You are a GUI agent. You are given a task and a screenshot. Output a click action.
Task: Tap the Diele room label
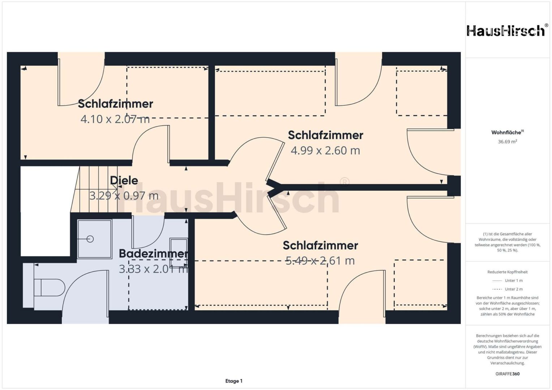point(124,181)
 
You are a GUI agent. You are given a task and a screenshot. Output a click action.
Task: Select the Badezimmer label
point(153,253)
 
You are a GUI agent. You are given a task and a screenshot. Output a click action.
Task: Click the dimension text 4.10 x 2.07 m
point(115,119)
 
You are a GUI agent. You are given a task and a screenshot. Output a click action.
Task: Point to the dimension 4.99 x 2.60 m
point(325,151)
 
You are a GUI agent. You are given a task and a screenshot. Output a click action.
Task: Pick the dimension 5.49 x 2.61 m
point(320,260)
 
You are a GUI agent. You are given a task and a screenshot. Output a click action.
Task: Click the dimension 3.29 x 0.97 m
point(124,196)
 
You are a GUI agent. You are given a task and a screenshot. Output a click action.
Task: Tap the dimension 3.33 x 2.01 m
point(153,269)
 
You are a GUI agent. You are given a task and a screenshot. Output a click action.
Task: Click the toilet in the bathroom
point(49,287)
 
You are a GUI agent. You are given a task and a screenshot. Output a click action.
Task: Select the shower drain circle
point(90,239)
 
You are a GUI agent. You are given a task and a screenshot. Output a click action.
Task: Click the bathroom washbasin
point(179,252)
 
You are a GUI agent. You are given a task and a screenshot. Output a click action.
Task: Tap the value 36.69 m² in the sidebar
point(508,142)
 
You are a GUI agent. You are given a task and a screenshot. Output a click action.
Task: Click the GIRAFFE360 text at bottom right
point(508,374)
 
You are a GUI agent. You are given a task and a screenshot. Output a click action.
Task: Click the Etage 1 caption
point(234,381)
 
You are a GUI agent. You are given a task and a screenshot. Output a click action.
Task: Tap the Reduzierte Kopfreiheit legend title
point(508,272)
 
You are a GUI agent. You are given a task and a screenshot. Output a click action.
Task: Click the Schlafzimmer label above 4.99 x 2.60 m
point(325,135)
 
